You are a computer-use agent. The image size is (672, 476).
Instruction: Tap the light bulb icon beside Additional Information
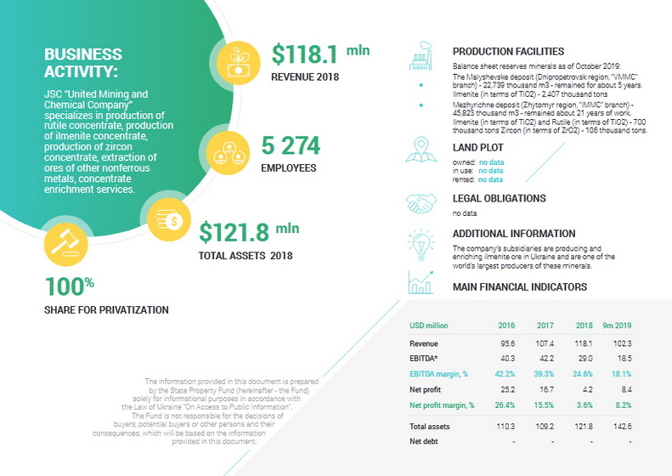[421, 240]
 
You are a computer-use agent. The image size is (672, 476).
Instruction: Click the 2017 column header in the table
[545, 326]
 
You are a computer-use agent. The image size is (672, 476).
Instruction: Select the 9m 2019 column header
[618, 326]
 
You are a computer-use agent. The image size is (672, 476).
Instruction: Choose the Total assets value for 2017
[545, 426]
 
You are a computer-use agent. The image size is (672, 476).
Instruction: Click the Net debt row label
[423, 441]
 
